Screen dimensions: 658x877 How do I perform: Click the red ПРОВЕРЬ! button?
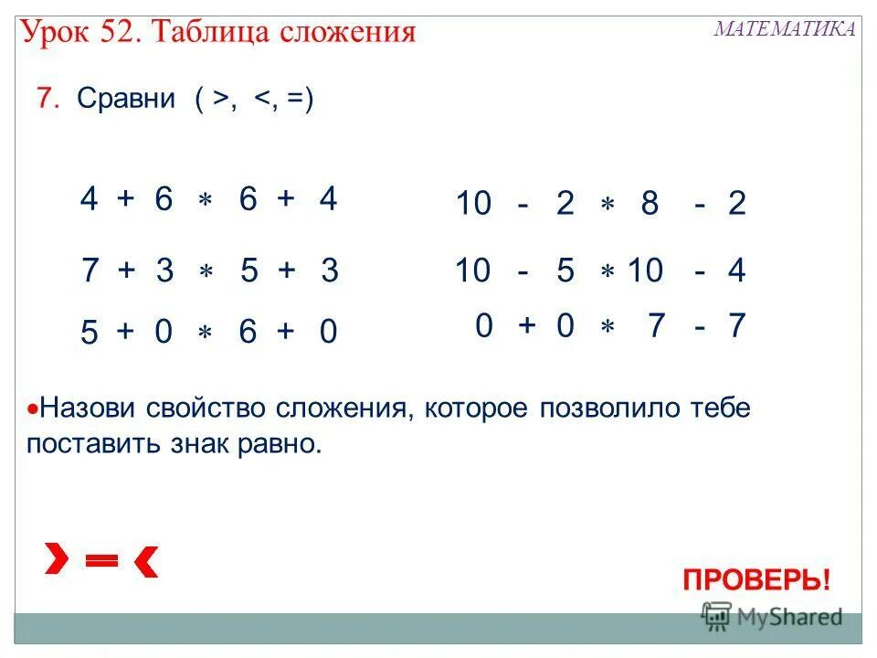tap(756, 579)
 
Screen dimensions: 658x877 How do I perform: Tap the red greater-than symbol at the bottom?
tap(58, 558)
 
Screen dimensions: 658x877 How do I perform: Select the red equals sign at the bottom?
tap(102, 561)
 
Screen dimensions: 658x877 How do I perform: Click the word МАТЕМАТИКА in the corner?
tap(784, 28)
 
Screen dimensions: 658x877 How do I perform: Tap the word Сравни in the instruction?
tap(126, 99)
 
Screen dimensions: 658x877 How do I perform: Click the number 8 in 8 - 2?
tap(650, 204)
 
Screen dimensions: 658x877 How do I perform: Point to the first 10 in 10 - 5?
tap(473, 271)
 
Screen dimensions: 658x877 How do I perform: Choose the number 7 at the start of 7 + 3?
tap(90, 271)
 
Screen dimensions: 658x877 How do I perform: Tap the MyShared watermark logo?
tap(771, 617)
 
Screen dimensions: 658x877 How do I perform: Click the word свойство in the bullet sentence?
tap(213, 408)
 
